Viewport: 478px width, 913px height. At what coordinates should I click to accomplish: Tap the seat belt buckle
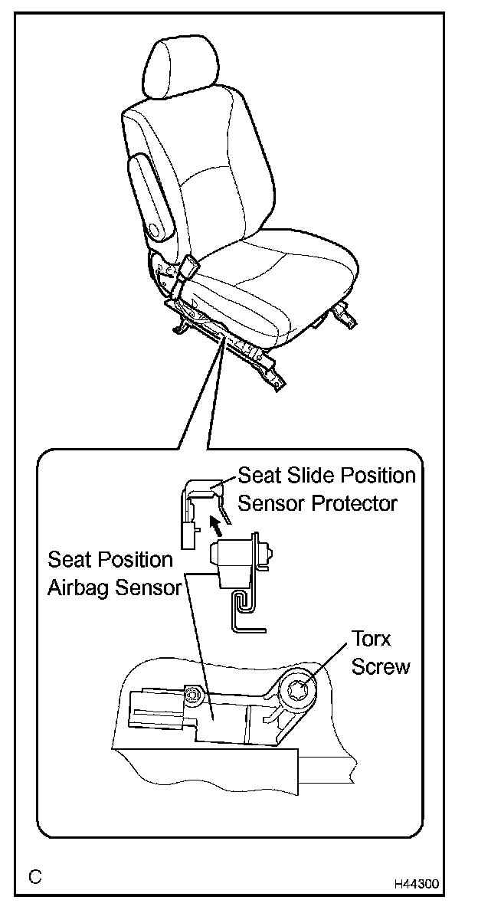[x=188, y=269]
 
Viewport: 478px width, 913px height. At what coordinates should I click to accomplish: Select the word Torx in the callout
[x=372, y=639]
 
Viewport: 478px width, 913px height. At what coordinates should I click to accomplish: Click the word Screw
[x=381, y=666]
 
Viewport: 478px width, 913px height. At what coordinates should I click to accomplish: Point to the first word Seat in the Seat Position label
[x=66, y=560]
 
